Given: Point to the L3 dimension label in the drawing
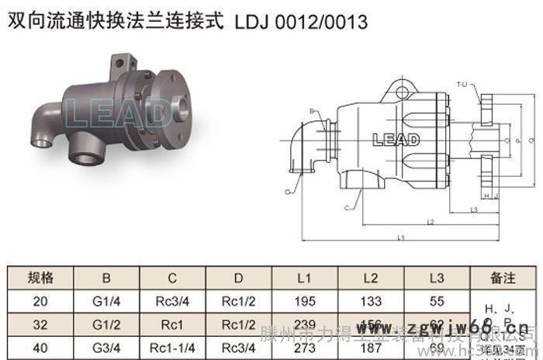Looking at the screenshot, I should [473, 210].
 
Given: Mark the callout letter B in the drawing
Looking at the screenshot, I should [312, 112].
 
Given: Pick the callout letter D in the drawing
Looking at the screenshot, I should [287, 191].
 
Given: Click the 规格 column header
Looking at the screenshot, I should [40, 277].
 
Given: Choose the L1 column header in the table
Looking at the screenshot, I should [304, 277].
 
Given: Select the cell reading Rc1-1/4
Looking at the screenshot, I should [172, 348].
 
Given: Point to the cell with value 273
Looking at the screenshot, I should [304, 348].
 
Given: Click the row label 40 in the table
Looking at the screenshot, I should [40, 348].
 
